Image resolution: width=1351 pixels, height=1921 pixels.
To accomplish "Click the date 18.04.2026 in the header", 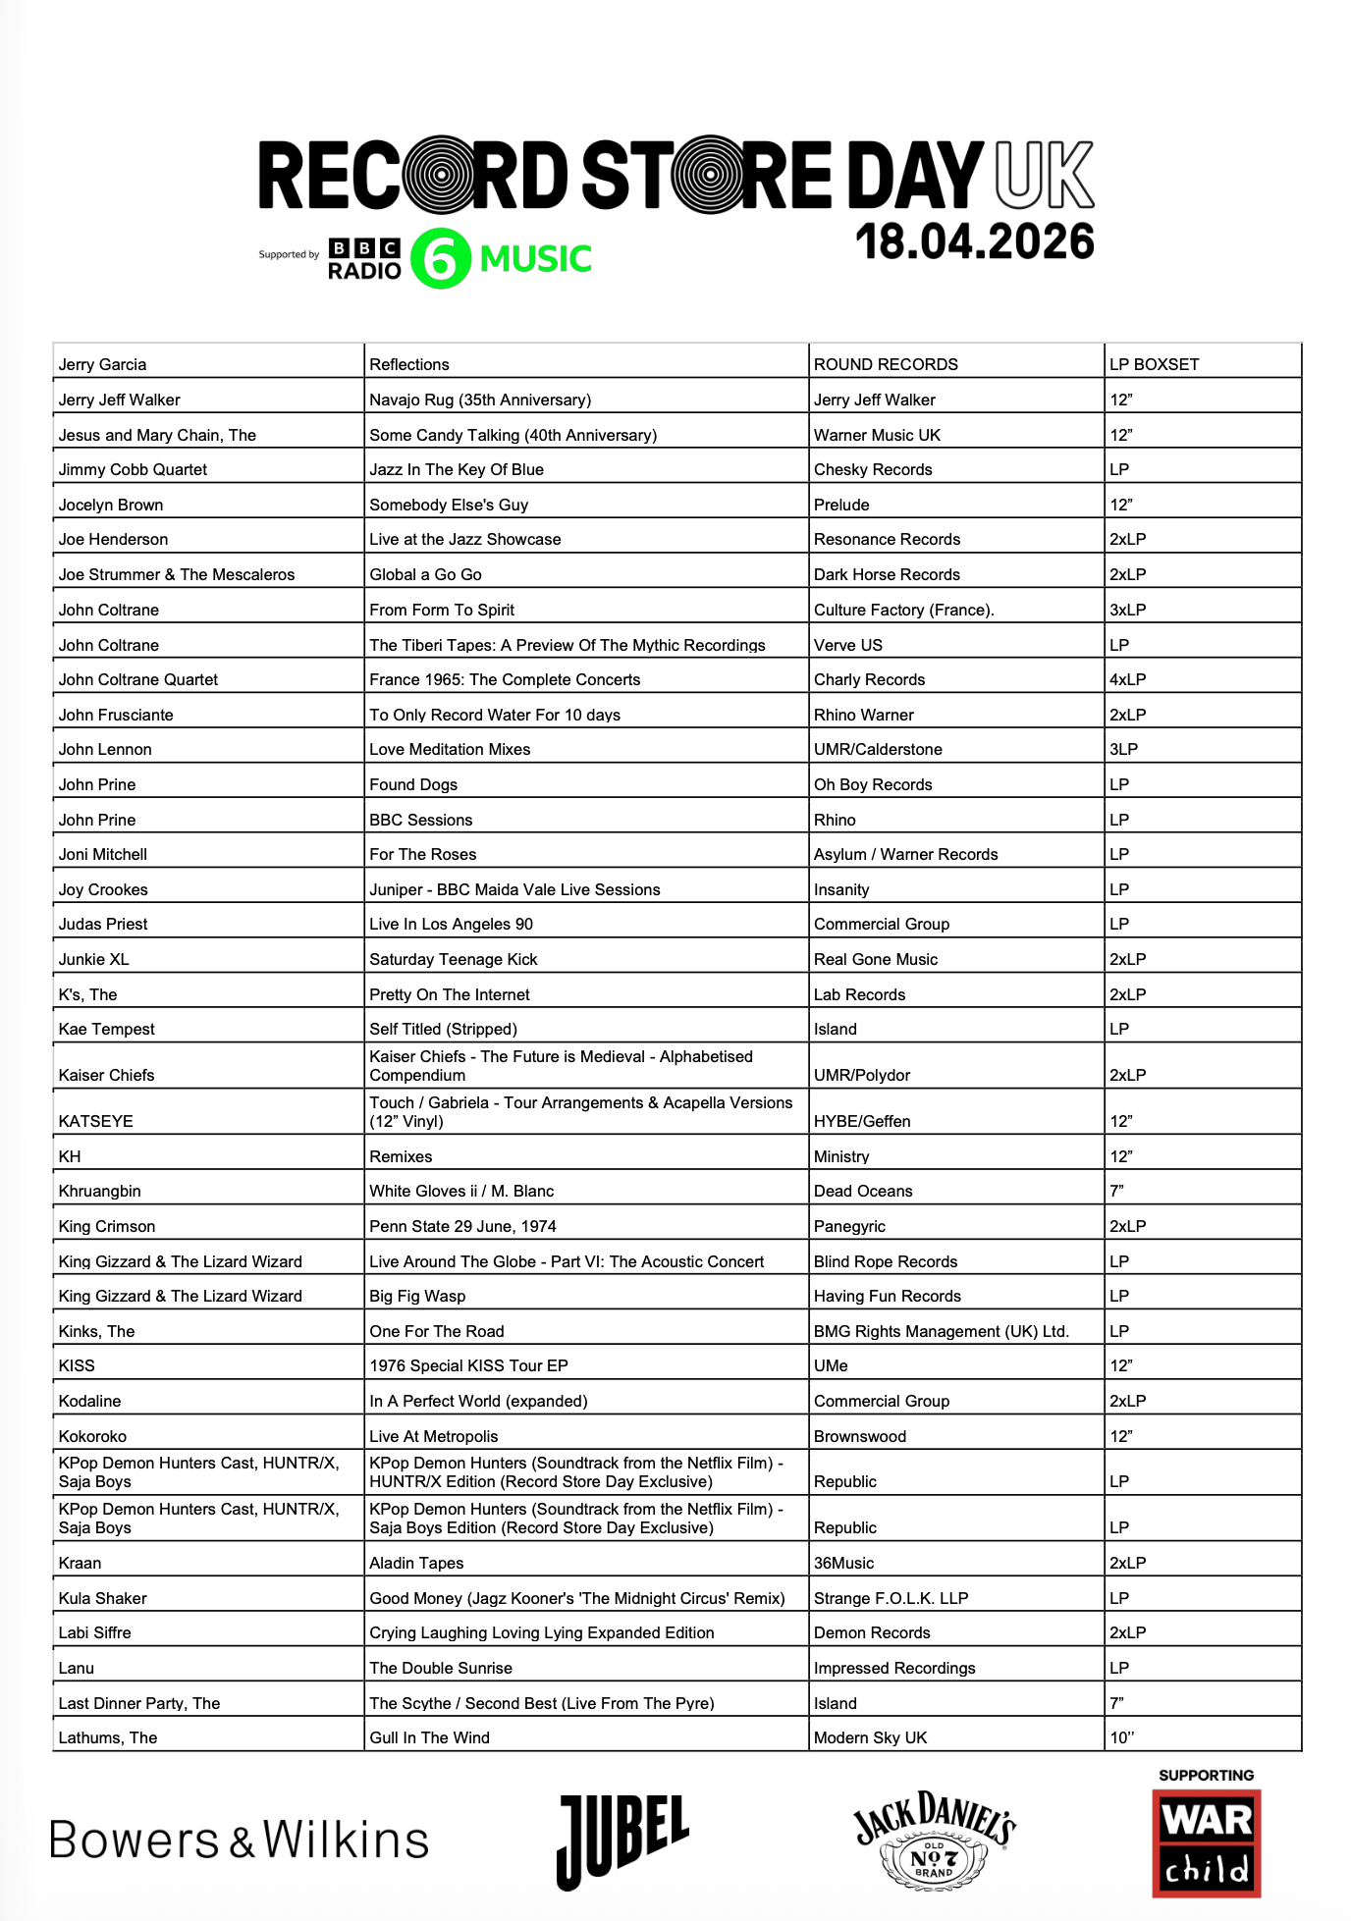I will pyautogui.click(x=974, y=241).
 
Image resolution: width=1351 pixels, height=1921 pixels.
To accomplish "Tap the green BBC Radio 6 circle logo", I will pyautogui.click(x=440, y=259).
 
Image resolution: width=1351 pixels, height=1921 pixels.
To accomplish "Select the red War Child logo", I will pyautogui.click(x=1206, y=1843).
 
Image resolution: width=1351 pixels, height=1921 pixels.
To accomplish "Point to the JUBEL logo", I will pyautogui.click(x=622, y=1841).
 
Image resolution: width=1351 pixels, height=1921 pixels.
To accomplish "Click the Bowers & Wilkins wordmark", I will pyautogui.click(x=240, y=1841).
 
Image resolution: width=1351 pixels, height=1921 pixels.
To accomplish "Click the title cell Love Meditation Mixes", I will pyautogui.click(x=450, y=749).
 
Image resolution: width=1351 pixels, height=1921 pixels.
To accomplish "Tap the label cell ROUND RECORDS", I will pyautogui.click(x=886, y=364).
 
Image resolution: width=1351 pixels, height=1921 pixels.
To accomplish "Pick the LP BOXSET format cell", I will pyautogui.click(x=1154, y=364).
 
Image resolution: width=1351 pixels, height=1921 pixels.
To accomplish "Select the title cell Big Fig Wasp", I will pyautogui.click(x=417, y=1296).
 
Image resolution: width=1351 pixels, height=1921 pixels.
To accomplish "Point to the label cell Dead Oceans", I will pyautogui.click(x=863, y=1191).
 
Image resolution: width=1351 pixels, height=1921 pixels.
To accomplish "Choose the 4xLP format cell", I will pyautogui.click(x=1127, y=679).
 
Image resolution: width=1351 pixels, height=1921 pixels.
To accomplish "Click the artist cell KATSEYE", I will pyautogui.click(x=96, y=1121).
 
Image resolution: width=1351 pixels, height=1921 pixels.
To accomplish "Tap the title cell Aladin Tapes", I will pyautogui.click(x=416, y=1563).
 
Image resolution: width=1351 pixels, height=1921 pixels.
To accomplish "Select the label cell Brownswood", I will pyautogui.click(x=860, y=1436).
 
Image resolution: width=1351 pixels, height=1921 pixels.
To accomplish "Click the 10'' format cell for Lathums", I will pyautogui.click(x=1122, y=1737).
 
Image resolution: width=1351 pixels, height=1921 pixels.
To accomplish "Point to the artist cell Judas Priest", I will pyautogui.click(x=103, y=924).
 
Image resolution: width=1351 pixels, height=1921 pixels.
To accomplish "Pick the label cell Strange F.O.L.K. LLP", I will pyautogui.click(x=891, y=1598).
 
